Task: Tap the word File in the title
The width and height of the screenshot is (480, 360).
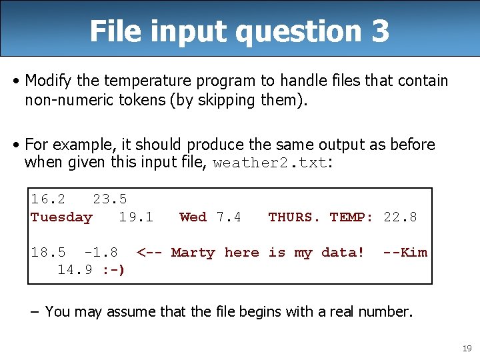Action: tap(114, 31)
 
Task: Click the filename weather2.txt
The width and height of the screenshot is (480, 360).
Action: tap(270, 163)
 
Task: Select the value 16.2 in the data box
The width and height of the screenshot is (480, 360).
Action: tap(48, 199)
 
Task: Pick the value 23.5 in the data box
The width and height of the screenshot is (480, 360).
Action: tap(109, 199)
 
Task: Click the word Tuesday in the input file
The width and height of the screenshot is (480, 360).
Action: tap(61, 217)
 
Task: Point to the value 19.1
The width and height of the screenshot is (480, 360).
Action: tap(136, 217)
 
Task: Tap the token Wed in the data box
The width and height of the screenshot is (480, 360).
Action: tap(193, 217)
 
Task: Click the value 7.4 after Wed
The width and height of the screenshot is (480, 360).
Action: tap(229, 217)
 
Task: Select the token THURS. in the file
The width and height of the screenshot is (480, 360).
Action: tap(294, 217)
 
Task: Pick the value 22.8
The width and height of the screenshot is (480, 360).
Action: tap(400, 217)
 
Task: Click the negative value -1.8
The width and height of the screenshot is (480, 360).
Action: tap(101, 253)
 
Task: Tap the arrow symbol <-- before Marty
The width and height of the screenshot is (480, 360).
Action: tap(149, 253)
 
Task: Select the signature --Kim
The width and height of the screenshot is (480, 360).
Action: tap(405, 253)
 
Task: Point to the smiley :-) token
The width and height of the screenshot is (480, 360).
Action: tap(114, 270)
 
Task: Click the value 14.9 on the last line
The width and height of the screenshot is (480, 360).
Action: tap(75, 270)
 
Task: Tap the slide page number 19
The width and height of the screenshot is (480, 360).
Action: tap(466, 348)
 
